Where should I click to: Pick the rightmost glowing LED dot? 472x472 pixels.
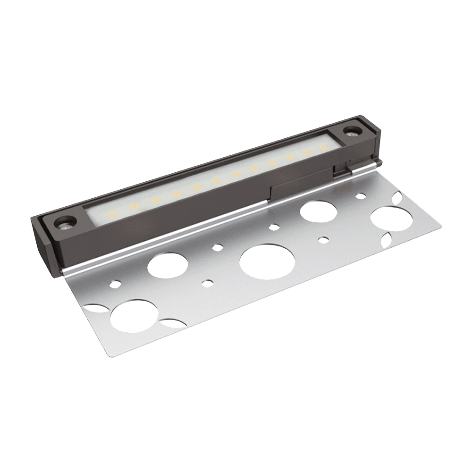tap(323, 148)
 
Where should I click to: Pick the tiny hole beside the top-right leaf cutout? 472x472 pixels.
tap(361, 195)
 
